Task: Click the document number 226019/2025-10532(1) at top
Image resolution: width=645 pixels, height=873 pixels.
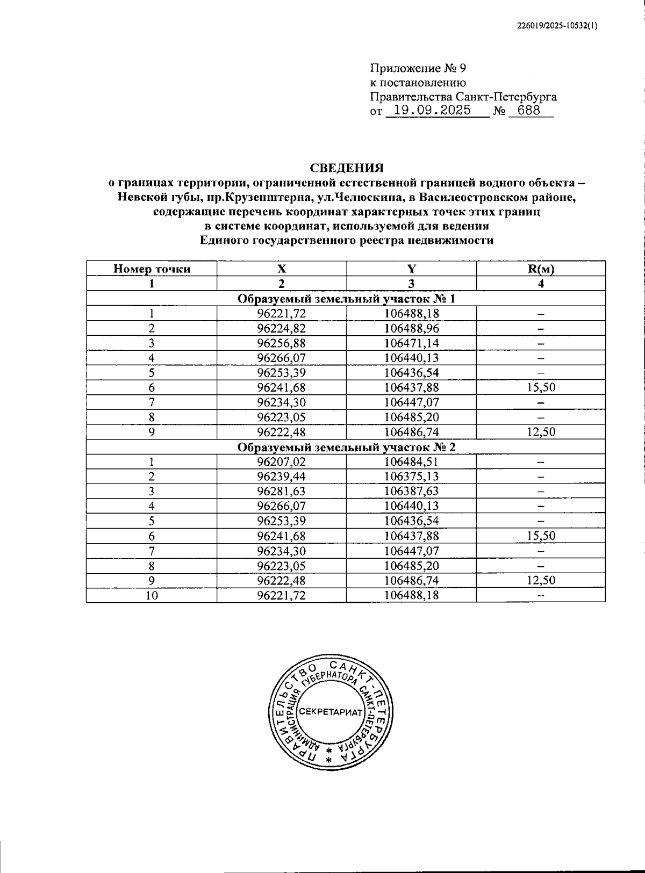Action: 557,26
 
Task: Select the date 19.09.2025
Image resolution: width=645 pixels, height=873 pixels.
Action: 432,111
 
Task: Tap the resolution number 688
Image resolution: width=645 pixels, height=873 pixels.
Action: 529,111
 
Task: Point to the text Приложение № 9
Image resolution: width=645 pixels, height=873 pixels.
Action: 418,68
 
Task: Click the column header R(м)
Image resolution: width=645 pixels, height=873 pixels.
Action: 541,269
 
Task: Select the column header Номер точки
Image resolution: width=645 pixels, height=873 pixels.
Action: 152,269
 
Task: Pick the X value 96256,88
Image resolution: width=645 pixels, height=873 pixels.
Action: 281,343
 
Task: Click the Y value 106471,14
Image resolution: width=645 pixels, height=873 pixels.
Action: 411,343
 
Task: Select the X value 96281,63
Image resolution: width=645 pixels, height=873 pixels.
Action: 281,491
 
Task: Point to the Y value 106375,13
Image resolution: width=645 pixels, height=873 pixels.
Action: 411,477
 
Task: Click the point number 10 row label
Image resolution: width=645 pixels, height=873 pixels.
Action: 152,595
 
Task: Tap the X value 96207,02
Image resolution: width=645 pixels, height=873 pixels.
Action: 281,461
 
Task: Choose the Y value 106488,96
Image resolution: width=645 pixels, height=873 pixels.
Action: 411,328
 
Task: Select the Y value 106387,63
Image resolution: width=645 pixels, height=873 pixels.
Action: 411,491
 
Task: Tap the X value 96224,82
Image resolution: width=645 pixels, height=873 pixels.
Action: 281,328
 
